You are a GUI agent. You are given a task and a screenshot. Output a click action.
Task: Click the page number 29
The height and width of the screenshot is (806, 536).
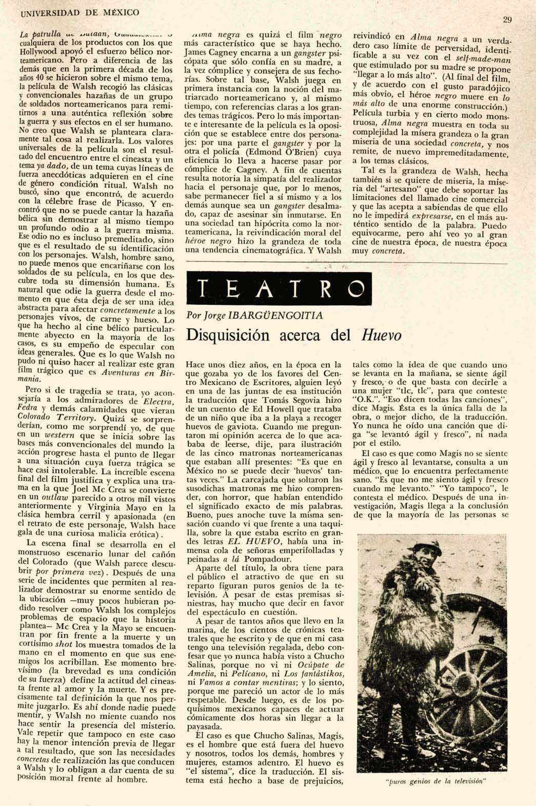[507, 20]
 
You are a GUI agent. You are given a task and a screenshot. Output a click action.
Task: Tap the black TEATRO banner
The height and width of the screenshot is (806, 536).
[279, 290]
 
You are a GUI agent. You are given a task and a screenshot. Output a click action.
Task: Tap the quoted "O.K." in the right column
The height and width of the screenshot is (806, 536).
[363, 397]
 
